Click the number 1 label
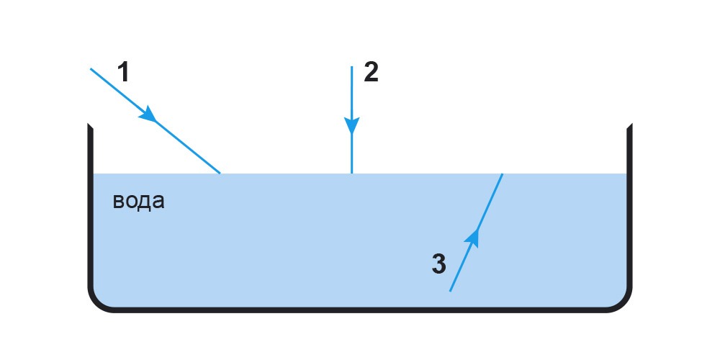(x=122, y=73)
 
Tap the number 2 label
(x=371, y=73)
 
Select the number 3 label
(x=438, y=264)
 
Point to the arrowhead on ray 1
(x=148, y=114)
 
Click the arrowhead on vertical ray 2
(x=352, y=125)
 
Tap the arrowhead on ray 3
(x=473, y=238)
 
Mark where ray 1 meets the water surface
(x=220, y=174)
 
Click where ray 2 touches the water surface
(x=352, y=174)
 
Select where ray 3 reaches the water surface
(x=503, y=174)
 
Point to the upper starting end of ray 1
(x=91, y=69)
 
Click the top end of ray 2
(x=352, y=66)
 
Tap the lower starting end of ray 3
(x=450, y=291)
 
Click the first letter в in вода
(x=118, y=202)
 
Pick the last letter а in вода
(x=159, y=202)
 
